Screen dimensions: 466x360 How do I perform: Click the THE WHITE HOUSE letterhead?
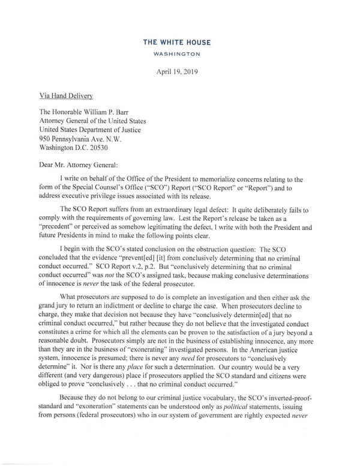click(180, 42)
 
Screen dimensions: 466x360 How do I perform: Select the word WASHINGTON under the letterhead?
click(180, 53)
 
